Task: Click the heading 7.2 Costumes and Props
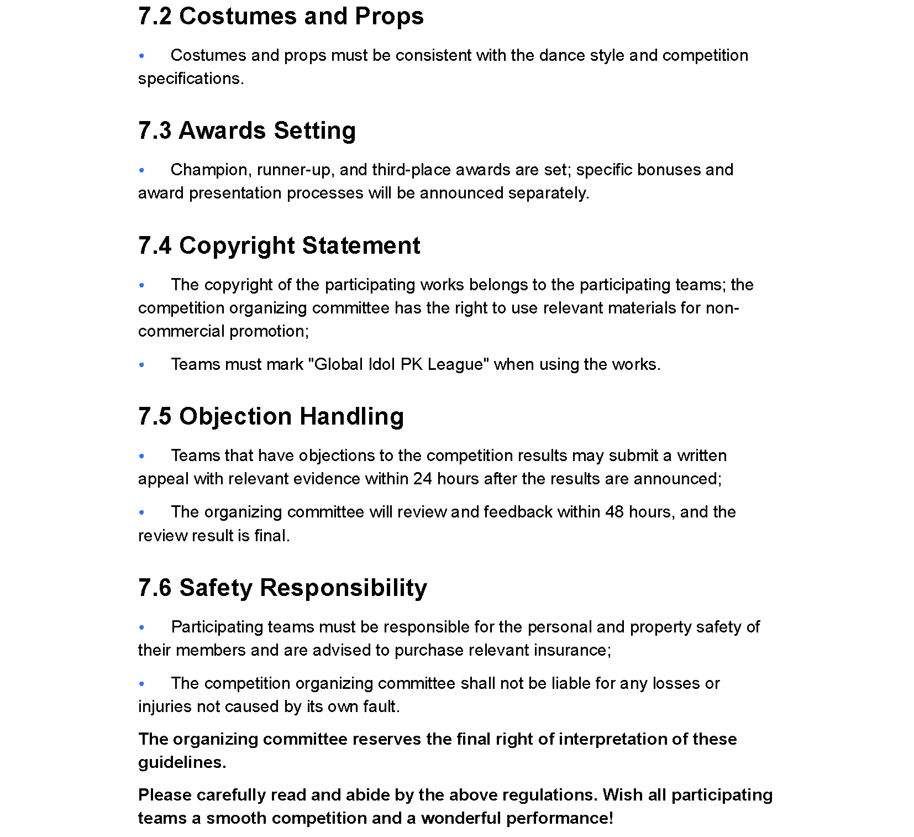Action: click(x=281, y=17)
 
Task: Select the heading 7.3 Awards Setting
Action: click(x=246, y=131)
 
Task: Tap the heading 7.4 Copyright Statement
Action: click(x=279, y=246)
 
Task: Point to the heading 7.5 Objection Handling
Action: click(x=271, y=417)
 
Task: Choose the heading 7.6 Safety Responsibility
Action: click(x=282, y=588)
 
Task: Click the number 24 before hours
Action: click(x=422, y=479)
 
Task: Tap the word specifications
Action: click(x=191, y=79)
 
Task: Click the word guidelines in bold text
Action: click(x=182, y=762)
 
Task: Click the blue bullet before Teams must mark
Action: click(x=142, y=365)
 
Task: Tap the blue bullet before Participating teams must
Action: click(x=142, y=627)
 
